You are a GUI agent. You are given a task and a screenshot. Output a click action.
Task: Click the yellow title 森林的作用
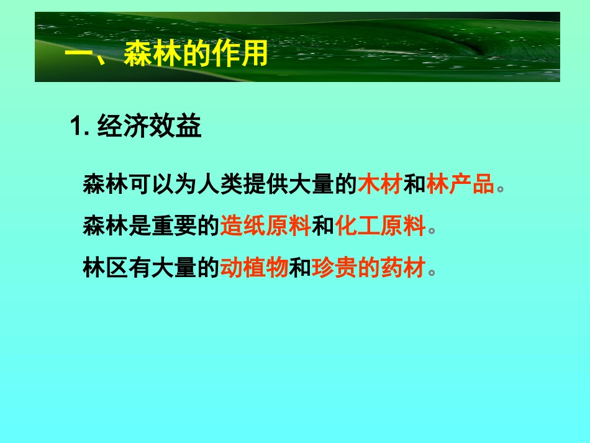pos(196,55)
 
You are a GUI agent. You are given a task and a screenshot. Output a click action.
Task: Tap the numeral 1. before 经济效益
pos(80,128)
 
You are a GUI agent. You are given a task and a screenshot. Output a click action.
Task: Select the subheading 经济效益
pos(150,128)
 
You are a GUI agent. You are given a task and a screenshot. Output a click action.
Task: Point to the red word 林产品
pos(460,185)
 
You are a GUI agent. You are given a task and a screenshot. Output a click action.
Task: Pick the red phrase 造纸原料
pos(265,227)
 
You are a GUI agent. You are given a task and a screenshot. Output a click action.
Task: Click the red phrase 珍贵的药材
pos(369,268)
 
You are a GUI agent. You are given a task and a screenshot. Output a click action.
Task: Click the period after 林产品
pos(501,188)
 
